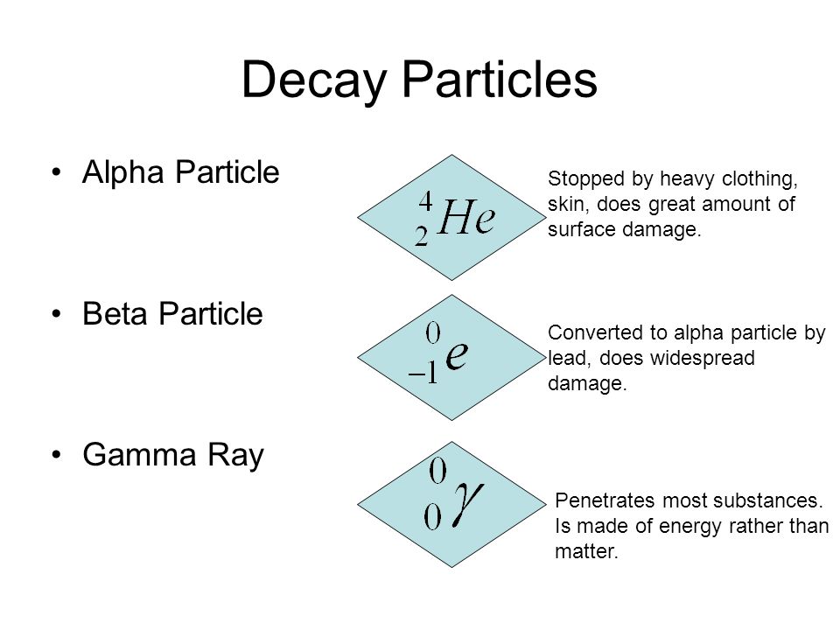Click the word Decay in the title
314,80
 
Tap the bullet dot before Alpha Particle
56,172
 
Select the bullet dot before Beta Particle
56,314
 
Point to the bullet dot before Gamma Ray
56,455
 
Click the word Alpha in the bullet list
122,172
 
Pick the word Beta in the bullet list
114,313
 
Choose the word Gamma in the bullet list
139,454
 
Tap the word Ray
235,456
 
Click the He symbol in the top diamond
466,217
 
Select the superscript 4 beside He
426,201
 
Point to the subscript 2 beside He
422,235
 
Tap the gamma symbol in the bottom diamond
467,502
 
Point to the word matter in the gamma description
586,551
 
